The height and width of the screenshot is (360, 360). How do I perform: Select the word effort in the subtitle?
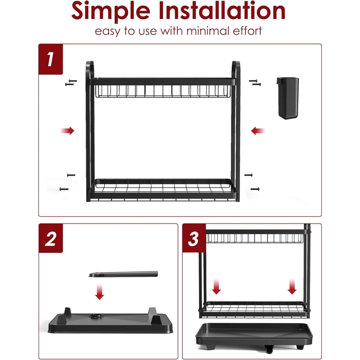247,31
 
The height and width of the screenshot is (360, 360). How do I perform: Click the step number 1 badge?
51,59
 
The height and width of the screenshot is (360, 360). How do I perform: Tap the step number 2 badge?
51,238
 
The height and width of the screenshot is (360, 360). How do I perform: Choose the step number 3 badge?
194,238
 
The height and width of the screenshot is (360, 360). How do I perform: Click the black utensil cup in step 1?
288,98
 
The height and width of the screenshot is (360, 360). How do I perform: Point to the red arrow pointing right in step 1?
67,131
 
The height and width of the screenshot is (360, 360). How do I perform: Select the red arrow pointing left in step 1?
258,131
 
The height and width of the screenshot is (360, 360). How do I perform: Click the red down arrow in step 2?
99,292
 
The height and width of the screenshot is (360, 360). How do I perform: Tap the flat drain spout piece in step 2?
123,274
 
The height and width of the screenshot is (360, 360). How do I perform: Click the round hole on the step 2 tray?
96,316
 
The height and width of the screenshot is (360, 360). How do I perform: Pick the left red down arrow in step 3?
216,287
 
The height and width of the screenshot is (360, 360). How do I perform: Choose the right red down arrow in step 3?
292,287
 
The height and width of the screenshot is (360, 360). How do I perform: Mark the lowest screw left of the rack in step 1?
64,189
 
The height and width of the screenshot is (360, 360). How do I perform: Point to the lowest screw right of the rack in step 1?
255,189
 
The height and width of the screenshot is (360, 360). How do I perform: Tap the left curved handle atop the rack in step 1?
89,69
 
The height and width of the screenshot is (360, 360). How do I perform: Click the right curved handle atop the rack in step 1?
236,69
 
